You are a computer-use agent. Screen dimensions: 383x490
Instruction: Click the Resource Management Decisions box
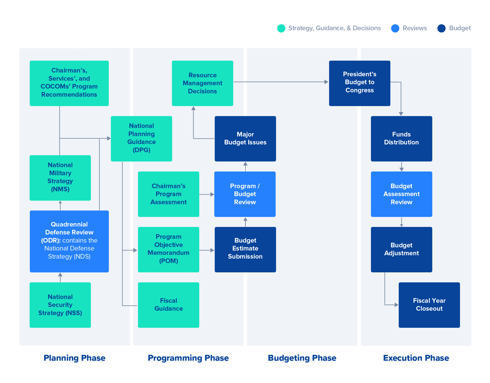(x=202, y=83)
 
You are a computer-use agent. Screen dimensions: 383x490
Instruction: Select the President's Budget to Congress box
(x=359, y=83)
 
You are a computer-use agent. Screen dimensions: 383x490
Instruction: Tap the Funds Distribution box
(x=401, y=139)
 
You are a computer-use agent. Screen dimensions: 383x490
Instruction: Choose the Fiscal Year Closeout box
(x=429, y=305)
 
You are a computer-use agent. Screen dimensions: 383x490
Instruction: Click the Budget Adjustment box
(x=401, y=249)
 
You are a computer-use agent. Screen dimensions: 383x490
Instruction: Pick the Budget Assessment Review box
(x=401, y=194)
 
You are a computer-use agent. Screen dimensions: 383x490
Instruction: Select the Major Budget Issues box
(x=245, y=139)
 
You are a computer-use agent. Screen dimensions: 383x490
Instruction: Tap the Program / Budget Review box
(x=245, y=194)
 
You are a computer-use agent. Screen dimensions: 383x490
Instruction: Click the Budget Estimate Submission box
(x=245, y=249)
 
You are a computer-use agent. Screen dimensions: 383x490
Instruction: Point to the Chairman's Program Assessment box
(x=168, y=194)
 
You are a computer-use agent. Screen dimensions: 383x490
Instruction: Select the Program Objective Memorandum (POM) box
(x=168, y=249)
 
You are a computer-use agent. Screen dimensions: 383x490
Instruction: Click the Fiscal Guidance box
(x=168, y=305)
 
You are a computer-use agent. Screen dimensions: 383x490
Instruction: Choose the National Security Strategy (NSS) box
(x=60, y=305)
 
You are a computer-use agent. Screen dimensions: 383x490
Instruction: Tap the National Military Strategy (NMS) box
(x=60, y=178)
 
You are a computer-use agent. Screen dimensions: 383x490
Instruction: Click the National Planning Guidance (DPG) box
(x=141, y=139)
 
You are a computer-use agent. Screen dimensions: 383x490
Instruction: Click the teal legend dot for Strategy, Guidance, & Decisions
(x=281, y=28)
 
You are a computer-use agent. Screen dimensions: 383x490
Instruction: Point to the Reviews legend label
(x=415, y=28)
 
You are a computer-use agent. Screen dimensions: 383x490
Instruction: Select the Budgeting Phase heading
(x=302, y=358)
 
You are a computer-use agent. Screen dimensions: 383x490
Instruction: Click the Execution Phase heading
(x=416, y=358)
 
